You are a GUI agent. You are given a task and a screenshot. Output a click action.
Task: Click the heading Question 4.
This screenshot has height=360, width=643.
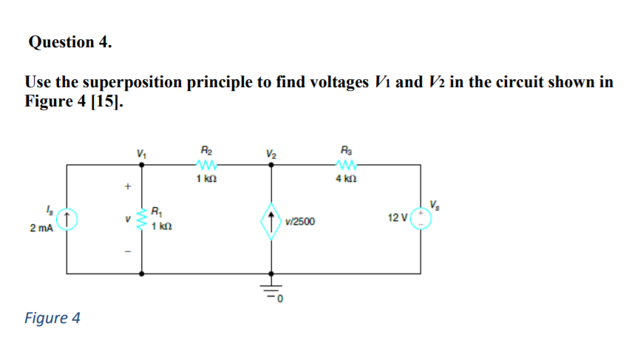pos(70,42)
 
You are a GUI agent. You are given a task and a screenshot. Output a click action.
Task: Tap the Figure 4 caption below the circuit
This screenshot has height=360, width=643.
pos(52,318)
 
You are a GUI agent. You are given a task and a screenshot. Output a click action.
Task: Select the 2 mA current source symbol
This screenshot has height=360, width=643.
pos(67,219)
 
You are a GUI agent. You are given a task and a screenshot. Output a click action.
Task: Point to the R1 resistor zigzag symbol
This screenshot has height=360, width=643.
pos(142,219)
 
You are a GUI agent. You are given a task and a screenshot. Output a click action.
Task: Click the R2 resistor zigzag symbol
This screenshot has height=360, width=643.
pos(205,165)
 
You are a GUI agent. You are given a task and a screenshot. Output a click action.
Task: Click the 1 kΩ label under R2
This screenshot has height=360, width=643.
pos(205,179)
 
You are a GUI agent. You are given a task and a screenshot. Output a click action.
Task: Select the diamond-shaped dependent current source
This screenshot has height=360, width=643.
pos(272,219)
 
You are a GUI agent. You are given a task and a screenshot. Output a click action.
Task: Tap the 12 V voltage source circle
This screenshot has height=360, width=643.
pos(421,219)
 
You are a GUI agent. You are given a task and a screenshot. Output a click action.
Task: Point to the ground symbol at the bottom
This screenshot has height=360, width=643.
pos(272,291)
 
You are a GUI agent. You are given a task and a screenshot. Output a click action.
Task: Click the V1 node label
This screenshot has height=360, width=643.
pos(141,153)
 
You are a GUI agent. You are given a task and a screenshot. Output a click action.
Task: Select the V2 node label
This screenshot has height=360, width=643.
pos(272,153)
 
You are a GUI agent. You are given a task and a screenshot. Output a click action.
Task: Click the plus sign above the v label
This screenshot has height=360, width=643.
pos(126,188)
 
